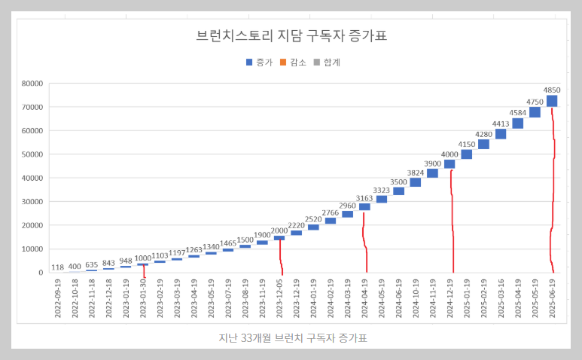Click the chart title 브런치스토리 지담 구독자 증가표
(x=291, y=35)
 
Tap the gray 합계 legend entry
(x=327, y=63)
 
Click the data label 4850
(x=552, y=90)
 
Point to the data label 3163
(x=364, y=198)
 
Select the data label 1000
(x=143, y=258)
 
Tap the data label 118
(x=57, y=267)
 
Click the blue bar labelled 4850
(x=552, y=101)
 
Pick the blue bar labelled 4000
(x=449, y=164)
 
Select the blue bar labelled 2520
(x=313, y=227)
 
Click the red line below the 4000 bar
(x=452, y=226)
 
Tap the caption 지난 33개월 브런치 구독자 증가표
(x=291, y=338)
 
